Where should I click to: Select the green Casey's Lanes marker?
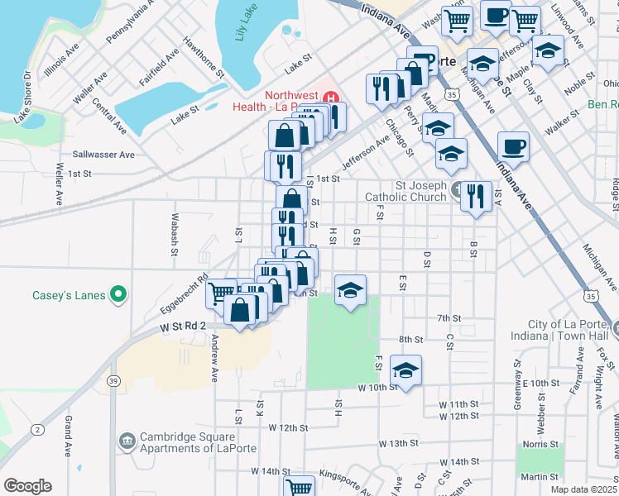118,294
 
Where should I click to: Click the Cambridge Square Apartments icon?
127,441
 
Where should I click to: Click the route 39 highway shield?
114,380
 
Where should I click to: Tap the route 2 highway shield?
37,429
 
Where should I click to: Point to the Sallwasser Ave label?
103,155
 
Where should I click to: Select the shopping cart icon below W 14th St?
299,489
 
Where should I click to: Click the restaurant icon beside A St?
475,196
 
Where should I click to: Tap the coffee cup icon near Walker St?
513,147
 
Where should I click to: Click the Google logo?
27,485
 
